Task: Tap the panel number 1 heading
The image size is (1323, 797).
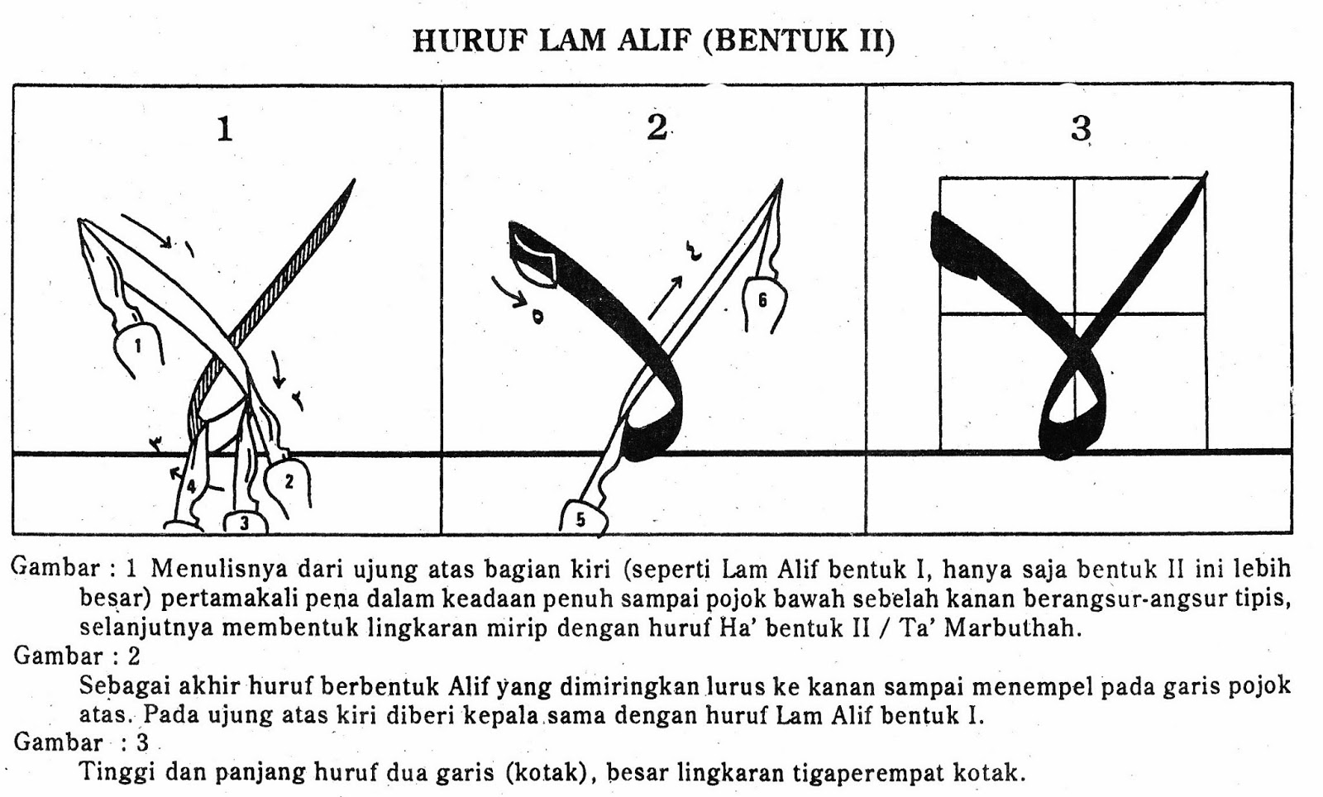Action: click(224, 129)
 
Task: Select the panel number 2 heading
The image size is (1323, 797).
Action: click(657, 127)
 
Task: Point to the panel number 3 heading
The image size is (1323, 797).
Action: click(1081, 129)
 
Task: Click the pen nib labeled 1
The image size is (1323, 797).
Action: click(137, 347)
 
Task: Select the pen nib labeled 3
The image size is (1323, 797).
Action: click(243, 523)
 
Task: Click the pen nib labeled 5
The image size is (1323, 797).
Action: click(582, 518)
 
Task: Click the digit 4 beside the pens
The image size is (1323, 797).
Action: click(191, 486)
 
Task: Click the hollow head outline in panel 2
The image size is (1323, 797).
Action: click(533, 258)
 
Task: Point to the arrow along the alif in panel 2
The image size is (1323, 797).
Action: click(666, 297)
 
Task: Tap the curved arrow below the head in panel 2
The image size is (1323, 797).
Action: click(509, 295)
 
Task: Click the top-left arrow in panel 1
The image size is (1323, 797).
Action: click(146, 231)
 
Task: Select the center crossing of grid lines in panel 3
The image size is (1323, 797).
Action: click(1074, 314)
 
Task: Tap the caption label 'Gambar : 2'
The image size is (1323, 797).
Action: click(77, 656)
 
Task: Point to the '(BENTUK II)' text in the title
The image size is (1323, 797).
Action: click(799, 41)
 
